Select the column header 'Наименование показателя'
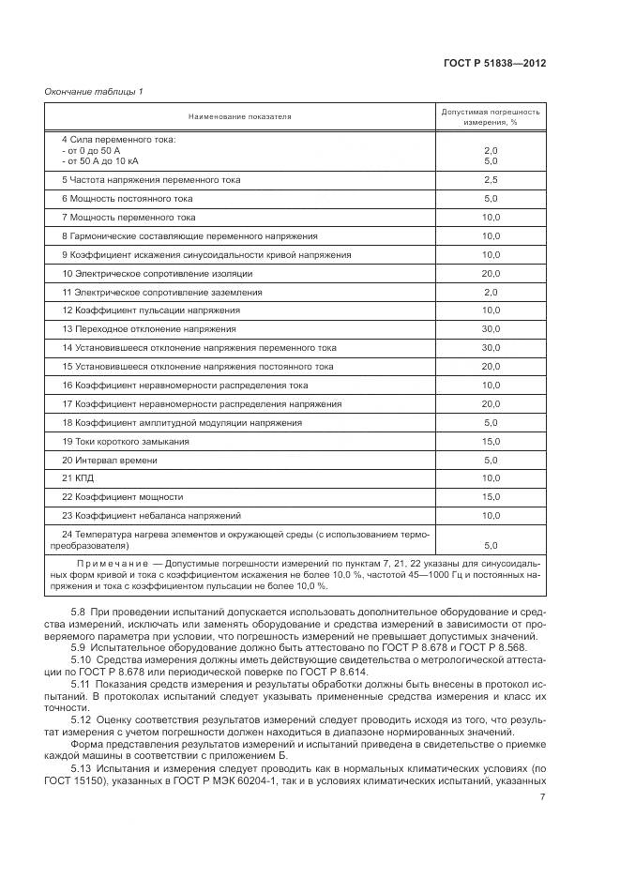(x=240, y=116)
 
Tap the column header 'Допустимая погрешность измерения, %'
(x=491, y=116)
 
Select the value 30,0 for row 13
(x=491, y=328)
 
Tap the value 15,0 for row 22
(x=491, y=496)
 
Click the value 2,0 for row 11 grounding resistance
(x=491, y=292)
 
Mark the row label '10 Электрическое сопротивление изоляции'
(x=158, y=273)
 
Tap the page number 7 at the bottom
(x=543, y=797)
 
